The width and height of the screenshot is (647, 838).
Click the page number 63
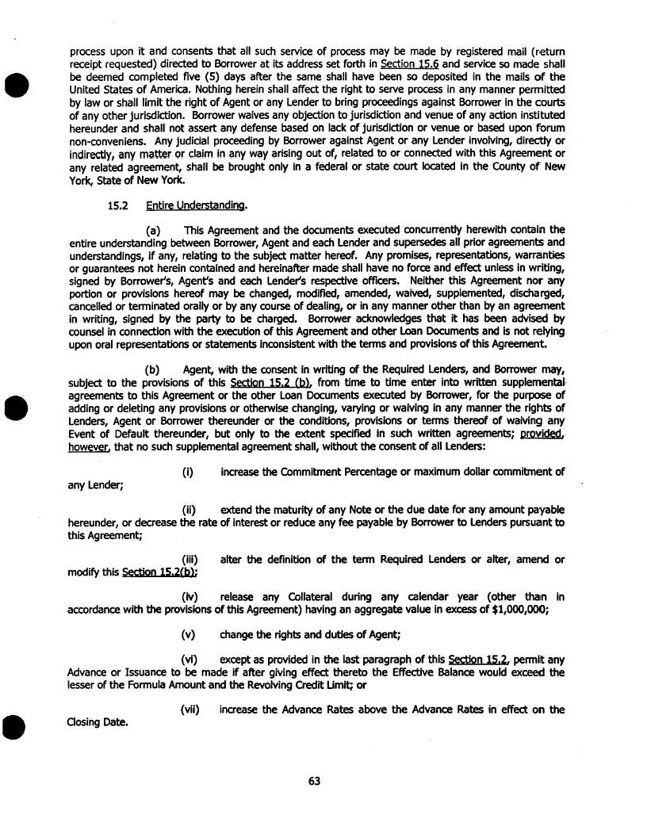pyautogui.click(x=314, y=781)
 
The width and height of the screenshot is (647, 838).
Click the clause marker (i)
pyautogui.click(x=189, y=473)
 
